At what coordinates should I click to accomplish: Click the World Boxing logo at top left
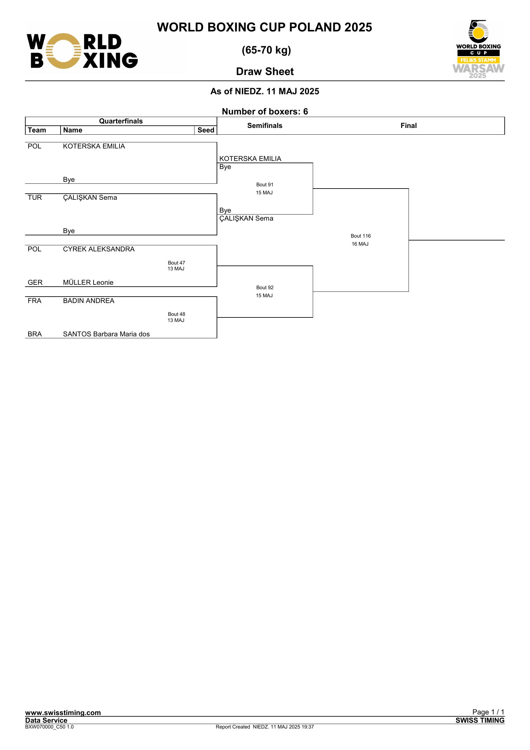tap(82, 51)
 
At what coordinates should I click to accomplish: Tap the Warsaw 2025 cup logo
tap(478, 49)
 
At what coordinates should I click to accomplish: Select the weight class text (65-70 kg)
tap(266, 50)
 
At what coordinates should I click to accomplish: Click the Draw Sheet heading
tap(265, 72)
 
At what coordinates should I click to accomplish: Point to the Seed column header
tap(206, 130)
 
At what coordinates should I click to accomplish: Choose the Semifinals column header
tap(265, 125)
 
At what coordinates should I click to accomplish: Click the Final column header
tap(409, 125)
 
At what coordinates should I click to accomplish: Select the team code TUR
tap(35, 198)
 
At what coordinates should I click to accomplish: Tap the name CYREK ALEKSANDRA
tap(99, 249)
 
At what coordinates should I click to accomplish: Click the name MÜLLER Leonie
tap(88, 282)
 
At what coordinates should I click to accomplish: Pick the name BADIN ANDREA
tap(89, 301)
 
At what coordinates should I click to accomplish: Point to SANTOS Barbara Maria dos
tap(106, 334)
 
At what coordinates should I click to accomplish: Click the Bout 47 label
tap(177, 263)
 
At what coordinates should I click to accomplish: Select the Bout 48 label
tap(177, 314)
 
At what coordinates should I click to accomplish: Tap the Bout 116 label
tap(360, 236)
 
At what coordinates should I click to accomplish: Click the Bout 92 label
tap(265, 287)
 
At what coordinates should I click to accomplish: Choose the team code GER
tap(35, 282)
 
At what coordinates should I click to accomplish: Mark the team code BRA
tap(35, 334)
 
